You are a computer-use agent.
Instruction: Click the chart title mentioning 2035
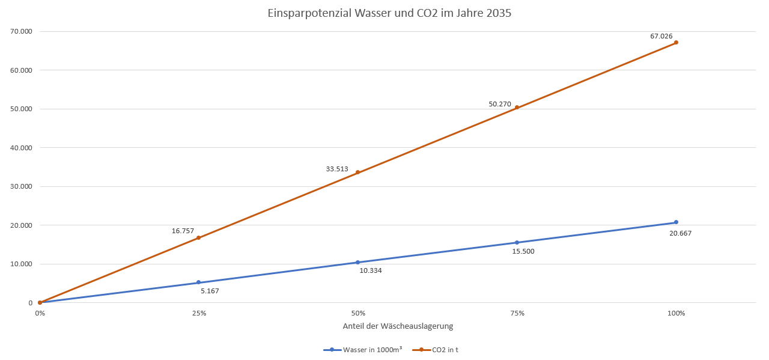[x=389, y=13]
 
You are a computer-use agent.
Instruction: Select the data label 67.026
[x=661, y=36]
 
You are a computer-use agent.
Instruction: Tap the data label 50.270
[x=500, y=104]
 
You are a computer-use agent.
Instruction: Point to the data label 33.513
[x=337, y=169]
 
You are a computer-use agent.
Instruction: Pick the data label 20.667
[x=680, y=233]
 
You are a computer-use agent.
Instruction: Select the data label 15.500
[x=523, y=251]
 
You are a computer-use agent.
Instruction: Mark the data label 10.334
[x=371, y=270]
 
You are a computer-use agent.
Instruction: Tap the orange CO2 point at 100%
[x=676, y=43]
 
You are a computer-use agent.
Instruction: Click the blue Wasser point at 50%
[x=357, y=262]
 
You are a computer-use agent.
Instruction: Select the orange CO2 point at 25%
[x=198, y=238]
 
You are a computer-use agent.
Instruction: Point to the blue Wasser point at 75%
[x=517, y=243]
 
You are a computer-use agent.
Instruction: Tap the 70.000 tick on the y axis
[x=22, y=31]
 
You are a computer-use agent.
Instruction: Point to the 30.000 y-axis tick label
[x=22, y=186]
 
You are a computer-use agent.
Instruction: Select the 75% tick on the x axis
[x=517, y=313]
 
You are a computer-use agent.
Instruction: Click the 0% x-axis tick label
[x=40, y=313]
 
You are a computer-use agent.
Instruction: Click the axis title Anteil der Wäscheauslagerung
[x=397, y=326]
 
